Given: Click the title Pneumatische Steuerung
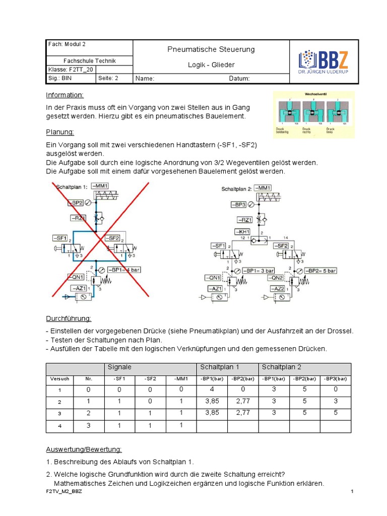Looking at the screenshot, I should [211, 49].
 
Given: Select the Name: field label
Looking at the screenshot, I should [145, 79].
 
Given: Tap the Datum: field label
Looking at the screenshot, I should [239, 79].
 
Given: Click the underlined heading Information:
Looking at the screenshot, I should [64, 95].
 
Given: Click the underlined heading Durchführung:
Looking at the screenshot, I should [69, 318].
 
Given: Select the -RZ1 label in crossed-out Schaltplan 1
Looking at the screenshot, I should [78, 218].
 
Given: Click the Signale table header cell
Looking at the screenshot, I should [120, 367].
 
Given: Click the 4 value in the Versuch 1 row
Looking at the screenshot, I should [211, 390].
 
